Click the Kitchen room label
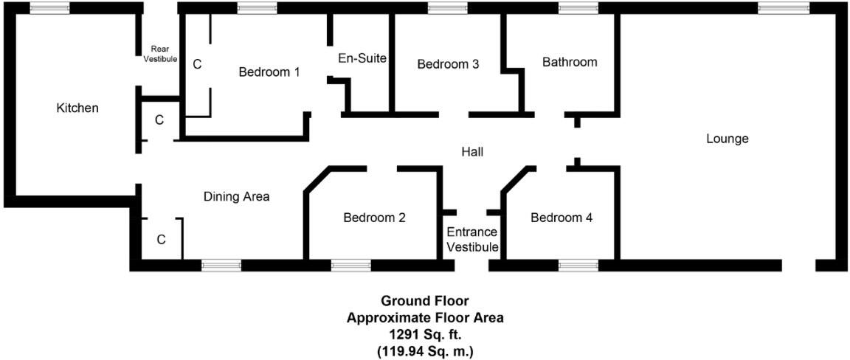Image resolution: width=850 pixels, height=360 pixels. pos(77,108)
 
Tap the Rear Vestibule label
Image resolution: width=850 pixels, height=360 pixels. pos(160,54)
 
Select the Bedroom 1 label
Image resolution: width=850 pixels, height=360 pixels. pos(269,72)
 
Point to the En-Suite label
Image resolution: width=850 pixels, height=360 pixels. pos(362,58)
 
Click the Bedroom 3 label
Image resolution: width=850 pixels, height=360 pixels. pos(448,64)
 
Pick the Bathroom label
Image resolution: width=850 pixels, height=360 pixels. pos(570,62)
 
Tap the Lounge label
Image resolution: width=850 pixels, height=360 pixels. pos(727,139)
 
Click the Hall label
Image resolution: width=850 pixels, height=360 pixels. pos(472,152)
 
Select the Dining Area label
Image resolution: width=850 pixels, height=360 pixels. pos(236,197)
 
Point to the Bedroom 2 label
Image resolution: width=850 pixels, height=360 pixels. pos(374,218)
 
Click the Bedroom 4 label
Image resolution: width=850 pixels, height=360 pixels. pos(561,218)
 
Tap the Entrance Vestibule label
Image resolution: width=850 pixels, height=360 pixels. pos(472,240)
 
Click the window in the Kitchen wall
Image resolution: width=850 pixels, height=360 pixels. pos(49,7)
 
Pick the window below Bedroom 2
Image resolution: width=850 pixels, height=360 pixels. pos(350,266)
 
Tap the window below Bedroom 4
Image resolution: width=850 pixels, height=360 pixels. pos(578,266)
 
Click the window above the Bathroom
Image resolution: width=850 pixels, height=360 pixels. pos(578,7)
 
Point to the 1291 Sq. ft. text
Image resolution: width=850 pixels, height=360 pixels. pos(426,334)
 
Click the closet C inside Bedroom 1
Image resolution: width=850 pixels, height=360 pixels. pos(197,65)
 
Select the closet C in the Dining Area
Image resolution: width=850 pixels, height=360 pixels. pos(161,240)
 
